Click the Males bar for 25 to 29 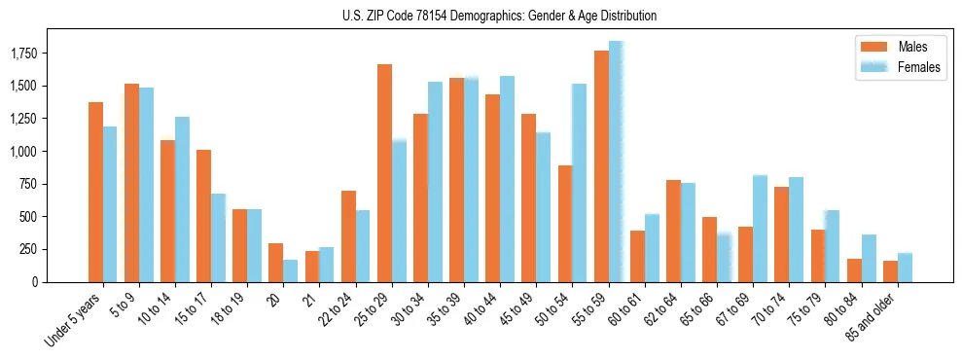pyautogui.click(x=384, y=173)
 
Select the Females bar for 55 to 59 pyautogui.click(x=616, y=162)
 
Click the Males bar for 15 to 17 pyautogui.click(x=203, y=216)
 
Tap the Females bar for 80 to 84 pyautogui.click(x=869, y=258)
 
